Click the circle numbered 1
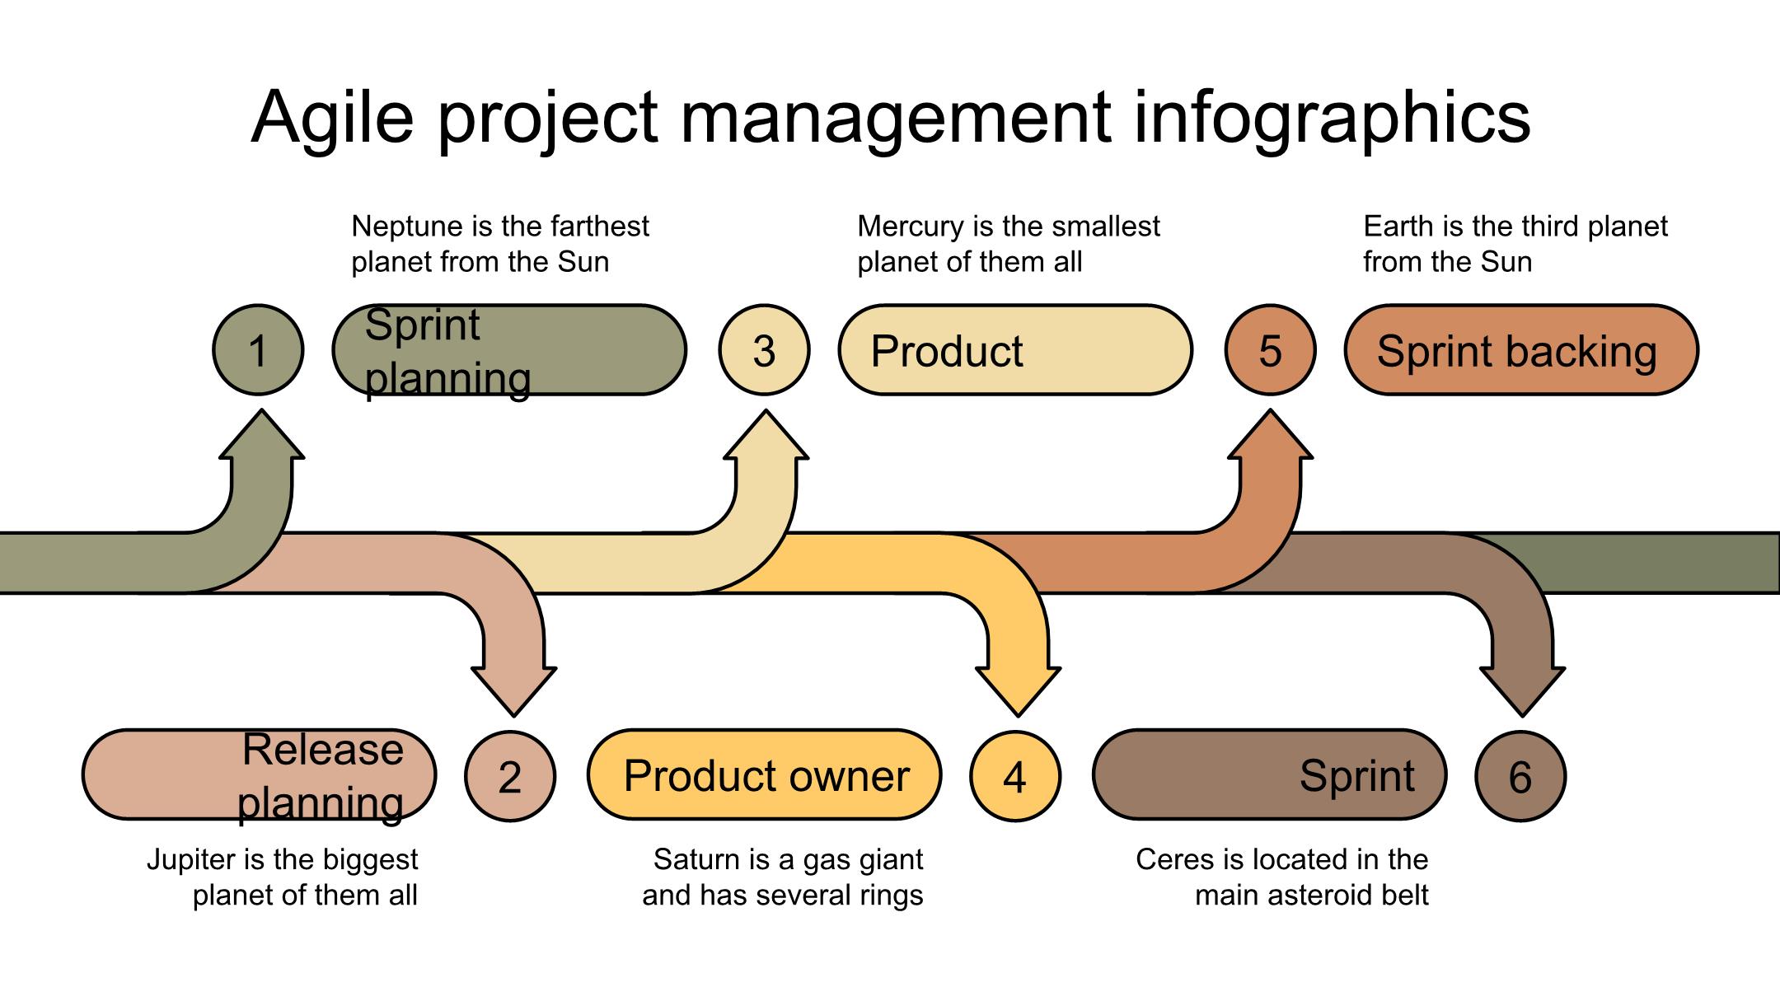[258, 350]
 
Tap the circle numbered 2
[510, 776]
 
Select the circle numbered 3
[764, 350]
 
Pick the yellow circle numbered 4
[1015, 776]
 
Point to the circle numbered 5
[1270, 350]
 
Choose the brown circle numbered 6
[1520, 776]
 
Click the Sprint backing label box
[1521, 350]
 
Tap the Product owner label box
[765, 774]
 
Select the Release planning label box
[260, 774]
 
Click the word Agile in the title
[332, 117]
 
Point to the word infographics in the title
[1332, 117]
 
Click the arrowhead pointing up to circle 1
[262, 437]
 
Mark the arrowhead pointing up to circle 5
[1271, 437]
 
